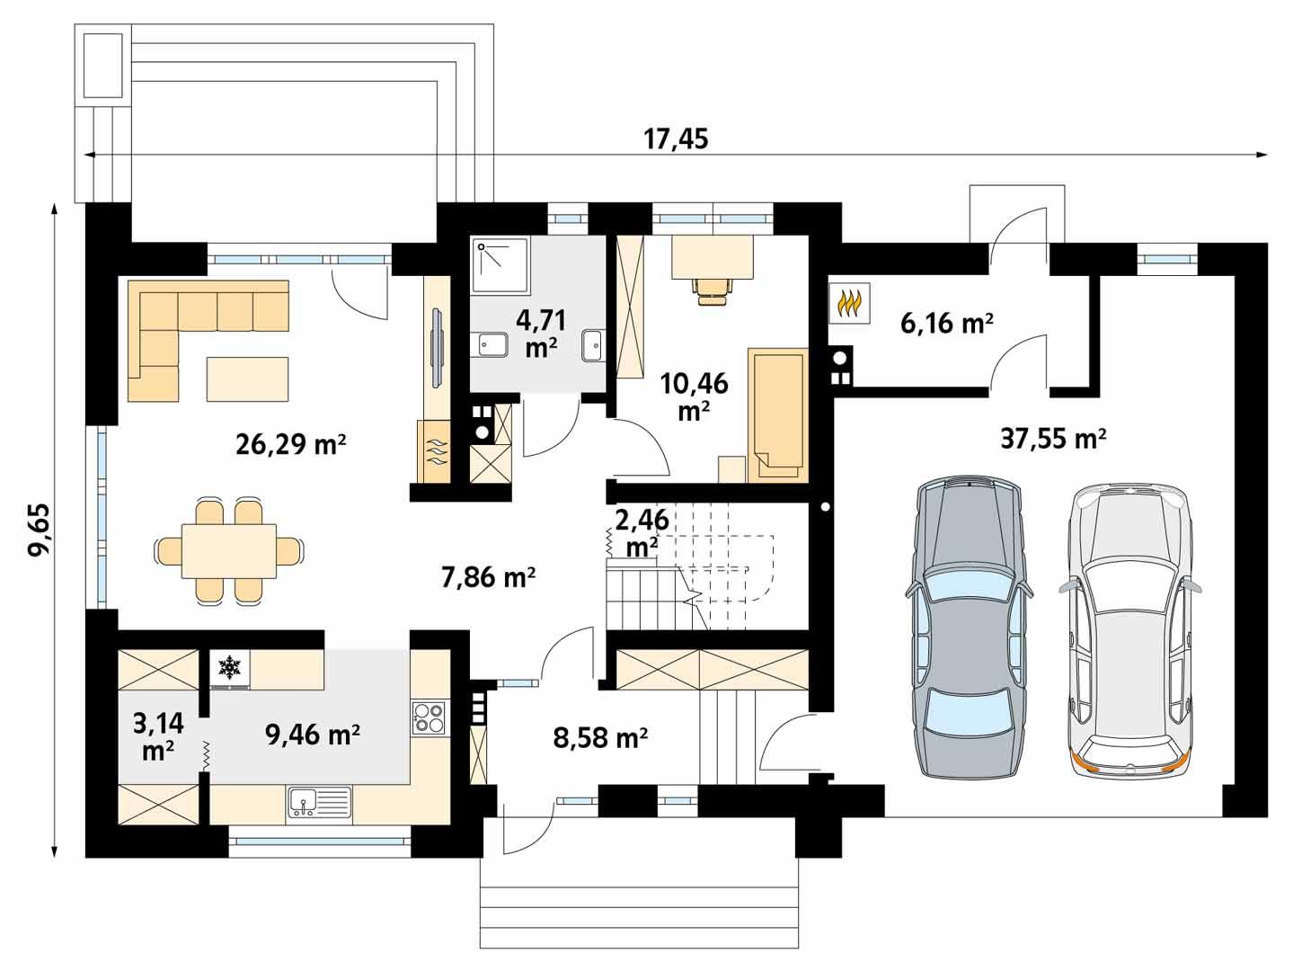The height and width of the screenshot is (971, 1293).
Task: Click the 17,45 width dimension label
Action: [x=676, y=138]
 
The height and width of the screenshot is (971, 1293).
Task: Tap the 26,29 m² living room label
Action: [x=291, y=444]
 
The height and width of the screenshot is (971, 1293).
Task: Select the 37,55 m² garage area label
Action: [x=1052, y=438]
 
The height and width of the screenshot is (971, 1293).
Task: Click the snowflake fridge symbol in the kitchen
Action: [x=231, y=667]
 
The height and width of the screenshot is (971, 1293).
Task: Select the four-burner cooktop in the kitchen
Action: [x=430, y=717]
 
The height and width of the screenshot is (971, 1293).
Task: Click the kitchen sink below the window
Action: [x=319, y=802]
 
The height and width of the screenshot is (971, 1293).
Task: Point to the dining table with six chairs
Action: [x=229, y=550]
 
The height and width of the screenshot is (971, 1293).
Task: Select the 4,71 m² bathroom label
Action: [x=539, y=334]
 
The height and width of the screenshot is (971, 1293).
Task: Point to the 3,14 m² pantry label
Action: [x=158, y=736]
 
